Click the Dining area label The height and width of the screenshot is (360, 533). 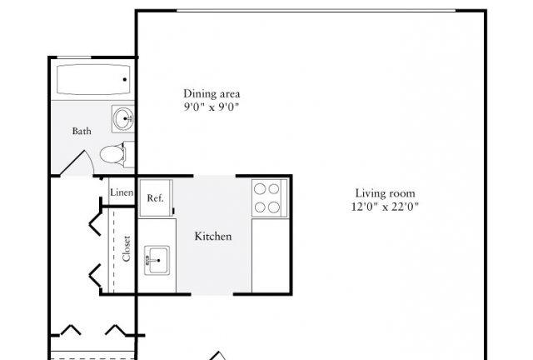click(212, 93)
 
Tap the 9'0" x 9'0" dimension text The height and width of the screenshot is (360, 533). click(212, 107)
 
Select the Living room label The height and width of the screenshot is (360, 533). click(385, 193)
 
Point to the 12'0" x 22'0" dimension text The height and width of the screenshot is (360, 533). click(385, 207)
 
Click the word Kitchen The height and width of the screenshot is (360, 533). click(213, 236)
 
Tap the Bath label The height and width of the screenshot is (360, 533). click(82, 131)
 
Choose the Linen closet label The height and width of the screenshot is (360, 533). click(122, 192)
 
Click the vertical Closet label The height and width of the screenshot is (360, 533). click(126, 248)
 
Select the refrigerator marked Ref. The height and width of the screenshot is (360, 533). click(156, 198)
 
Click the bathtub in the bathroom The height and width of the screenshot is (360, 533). click(93, 80)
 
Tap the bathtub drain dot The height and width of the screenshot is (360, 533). click(125, 80)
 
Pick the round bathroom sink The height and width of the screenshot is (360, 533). click(122, 119)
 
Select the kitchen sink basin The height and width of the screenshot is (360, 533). click(158, 260)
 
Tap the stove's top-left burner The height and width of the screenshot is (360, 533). click(260, 189)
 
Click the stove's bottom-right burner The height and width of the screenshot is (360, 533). click(274, 207)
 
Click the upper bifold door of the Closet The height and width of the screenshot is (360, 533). click(96, 223)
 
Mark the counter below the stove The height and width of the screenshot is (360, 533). click(271, 256)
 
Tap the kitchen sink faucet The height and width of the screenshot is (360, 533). click(150, 261)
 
